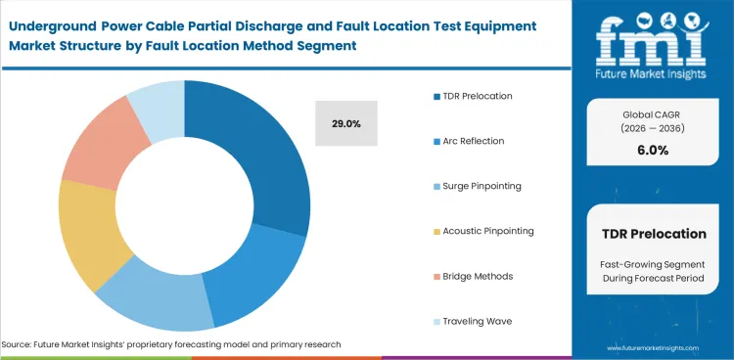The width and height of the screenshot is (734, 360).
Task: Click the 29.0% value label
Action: click(x=346, y=124)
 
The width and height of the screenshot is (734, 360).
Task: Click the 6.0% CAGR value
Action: click(x=652, y=151)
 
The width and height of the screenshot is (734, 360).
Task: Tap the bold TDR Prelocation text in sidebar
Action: click(x=652, y=234)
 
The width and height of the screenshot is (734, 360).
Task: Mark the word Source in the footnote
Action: click(x=19, y=344)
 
